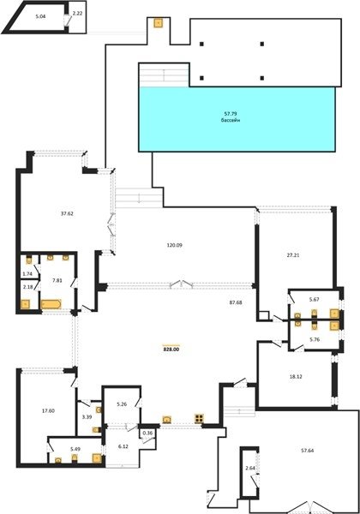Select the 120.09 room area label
pyautogui.click(x=174, y=245)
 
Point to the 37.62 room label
pyautogui.click(x=67, y=213)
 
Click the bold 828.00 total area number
pyautogui.click(x=171, y=350)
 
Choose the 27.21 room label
pyautogui.click(x=293, y=254)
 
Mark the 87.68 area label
pyautogui.click(x=236, y=302)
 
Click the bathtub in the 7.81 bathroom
pyautogui.click(x=51, y=304)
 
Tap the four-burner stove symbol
pyautogui.click(x=200, y=418)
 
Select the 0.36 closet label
pyautogui.click(x=146, y=433)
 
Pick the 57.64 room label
pyautogui.click(x=307, y=451)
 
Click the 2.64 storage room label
pyautogui.click(x=250, y=468)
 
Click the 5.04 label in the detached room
pyautogui.click(x=40, y=16)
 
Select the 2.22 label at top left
pyautogui.click(x=77, y=13)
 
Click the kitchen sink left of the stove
pyautogui.click(x=167, y=419)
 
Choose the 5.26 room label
pyautogui.click(x=122, y=404)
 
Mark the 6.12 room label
pyautogui.click(x=123, y=446)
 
